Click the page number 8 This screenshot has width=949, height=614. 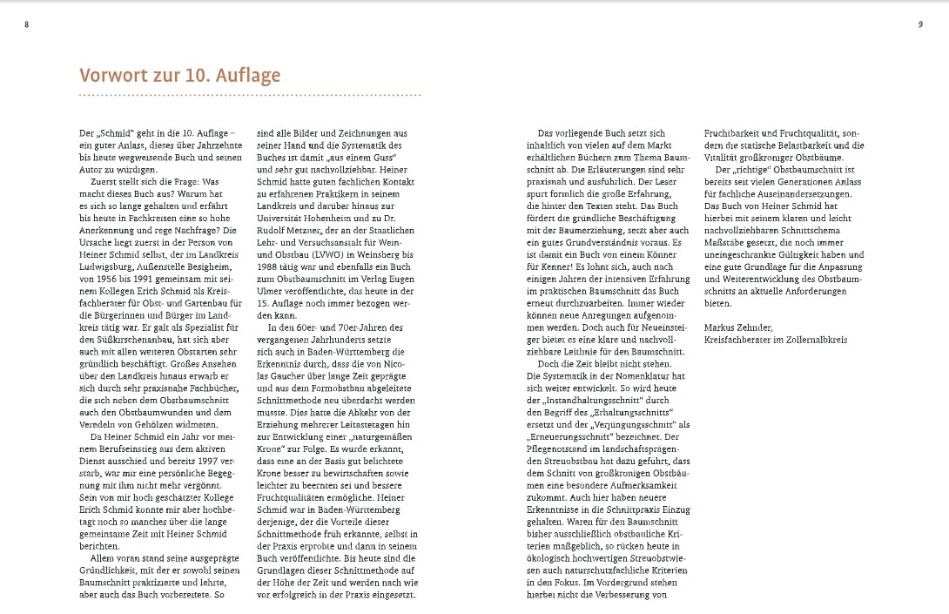[26, 24]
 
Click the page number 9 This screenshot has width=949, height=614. [920, 24]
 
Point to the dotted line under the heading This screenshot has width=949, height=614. [250, 94]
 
